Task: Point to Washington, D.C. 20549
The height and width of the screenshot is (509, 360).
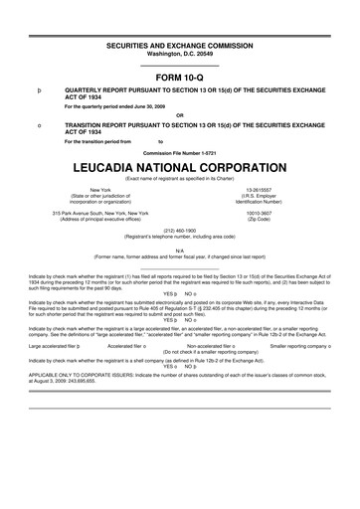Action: pos(179,56)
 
